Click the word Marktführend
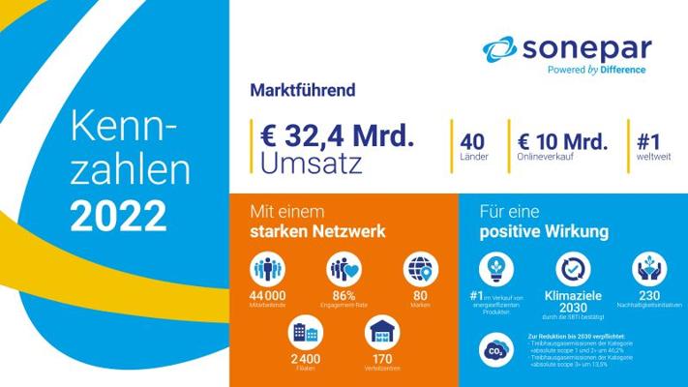303,91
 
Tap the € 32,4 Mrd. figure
339,136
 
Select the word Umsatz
312,163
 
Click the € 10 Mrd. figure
562,141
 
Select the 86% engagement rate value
343,294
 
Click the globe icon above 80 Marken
420,268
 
